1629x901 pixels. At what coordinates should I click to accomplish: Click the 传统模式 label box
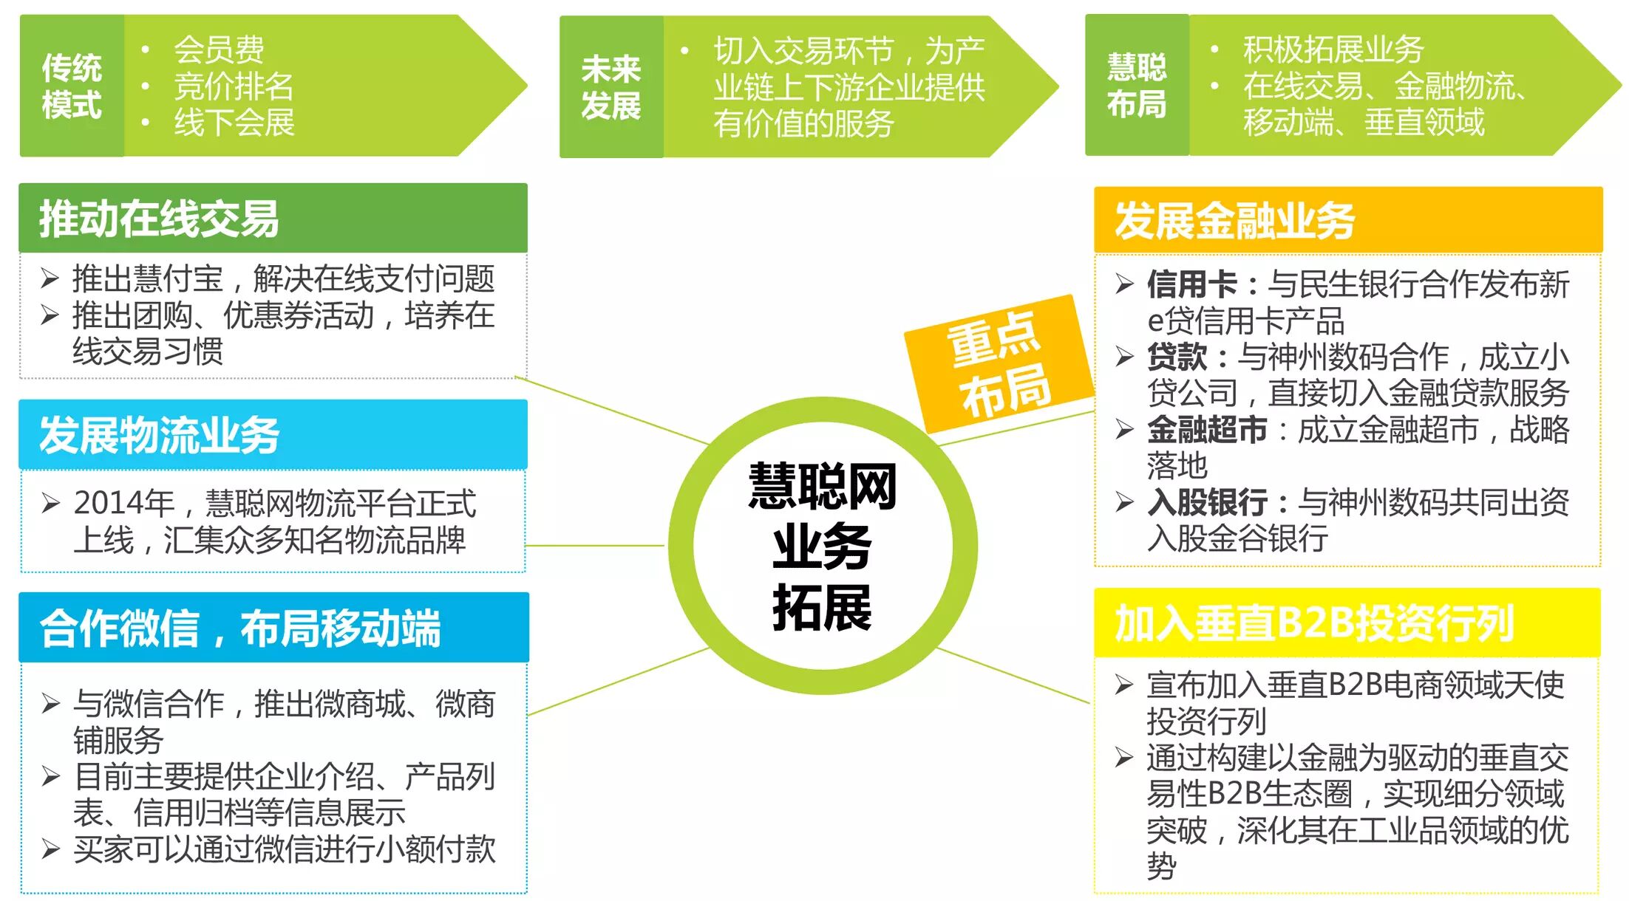point(72,86)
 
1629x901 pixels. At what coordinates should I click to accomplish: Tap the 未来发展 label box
point(611,87)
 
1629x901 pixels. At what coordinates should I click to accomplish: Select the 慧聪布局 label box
point(1136,86)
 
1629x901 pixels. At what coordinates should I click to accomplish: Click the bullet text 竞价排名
point(234,86)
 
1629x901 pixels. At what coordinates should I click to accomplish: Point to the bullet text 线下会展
point(234,123)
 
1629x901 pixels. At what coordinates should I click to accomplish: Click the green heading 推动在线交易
point(159,219)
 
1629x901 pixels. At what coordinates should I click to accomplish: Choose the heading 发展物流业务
point(159,435)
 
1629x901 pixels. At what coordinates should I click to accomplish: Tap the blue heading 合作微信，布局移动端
point(240,628)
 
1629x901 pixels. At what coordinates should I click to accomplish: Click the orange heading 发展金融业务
point(1234,221)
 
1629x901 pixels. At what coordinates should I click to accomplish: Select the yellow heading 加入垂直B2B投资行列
point(1314,624)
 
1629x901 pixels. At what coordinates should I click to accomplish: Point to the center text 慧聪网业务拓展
point(822,547)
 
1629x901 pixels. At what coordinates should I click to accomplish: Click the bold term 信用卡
point(1191,284)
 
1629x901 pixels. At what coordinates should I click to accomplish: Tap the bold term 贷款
point(1177,357)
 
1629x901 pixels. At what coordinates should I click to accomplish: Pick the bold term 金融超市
point(1206,430)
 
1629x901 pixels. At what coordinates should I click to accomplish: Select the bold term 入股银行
point(1206,503)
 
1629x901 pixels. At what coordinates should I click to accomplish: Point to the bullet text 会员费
point(219,49)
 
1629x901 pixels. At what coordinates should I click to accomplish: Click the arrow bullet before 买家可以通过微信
point(50,849)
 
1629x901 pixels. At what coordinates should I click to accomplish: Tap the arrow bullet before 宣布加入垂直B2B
point(1123,685)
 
